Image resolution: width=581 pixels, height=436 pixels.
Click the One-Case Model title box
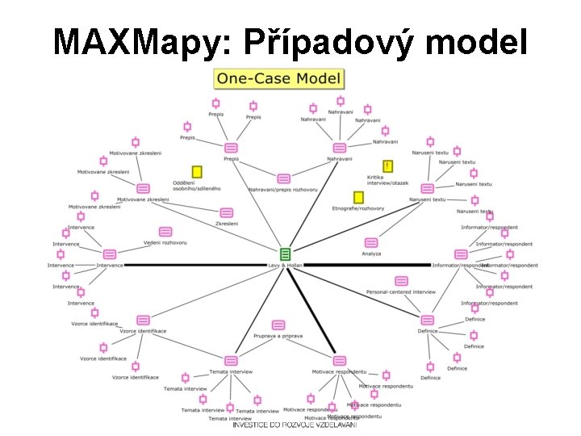coord(278,79)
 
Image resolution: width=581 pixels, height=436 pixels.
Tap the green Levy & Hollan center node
coord(285,254)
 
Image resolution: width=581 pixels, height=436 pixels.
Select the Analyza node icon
coord(371,242)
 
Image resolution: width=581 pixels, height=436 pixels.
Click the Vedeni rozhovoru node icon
coord(165,232)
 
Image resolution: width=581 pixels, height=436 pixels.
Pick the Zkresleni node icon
coord(225,212)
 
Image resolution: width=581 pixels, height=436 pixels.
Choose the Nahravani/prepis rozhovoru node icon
coord(283,178)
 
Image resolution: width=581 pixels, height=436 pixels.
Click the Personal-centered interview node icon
coord(402,281)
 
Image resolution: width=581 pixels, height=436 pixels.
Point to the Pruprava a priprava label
coord(278,335)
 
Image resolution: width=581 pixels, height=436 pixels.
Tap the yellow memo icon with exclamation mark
coord(388,166)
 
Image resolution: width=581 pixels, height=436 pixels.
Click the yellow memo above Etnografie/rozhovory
coord(358,197)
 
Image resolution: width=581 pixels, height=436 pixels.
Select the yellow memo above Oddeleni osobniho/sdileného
coord(196,172)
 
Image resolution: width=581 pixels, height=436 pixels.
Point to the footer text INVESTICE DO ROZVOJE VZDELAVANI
coord(295,425)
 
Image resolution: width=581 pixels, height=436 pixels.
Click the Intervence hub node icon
coord(110,254)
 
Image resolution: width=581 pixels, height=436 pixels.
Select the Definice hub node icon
coord(427,321)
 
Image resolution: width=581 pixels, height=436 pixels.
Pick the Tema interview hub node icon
coord(231,360)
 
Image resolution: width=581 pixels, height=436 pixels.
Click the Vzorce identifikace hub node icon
coord(143,321)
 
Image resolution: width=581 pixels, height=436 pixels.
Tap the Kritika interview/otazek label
coord(387,180)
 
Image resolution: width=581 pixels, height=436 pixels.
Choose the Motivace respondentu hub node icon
coord(340,360)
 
